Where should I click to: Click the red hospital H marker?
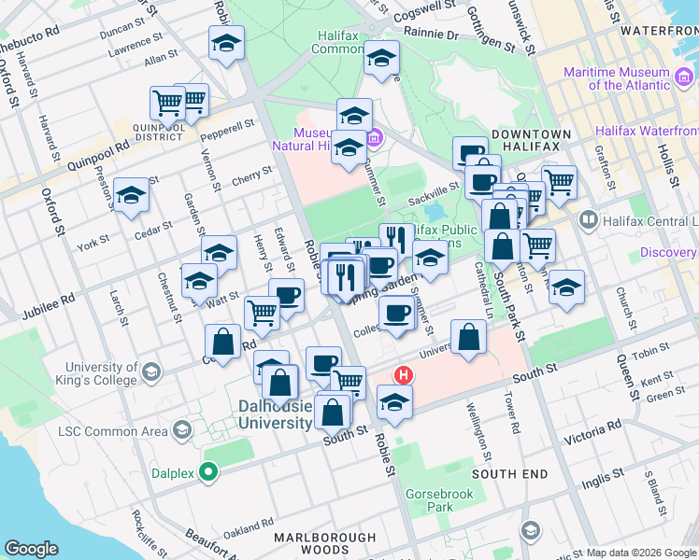(x=404, y=376)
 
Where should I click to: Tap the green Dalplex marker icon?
(x=213, y=473)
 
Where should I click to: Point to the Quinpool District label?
(x=158, y=132)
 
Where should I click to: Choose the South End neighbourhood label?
(x=510, y=474)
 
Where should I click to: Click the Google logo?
(x=31, y=549)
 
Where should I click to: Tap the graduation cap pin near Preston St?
(x=132, y=195)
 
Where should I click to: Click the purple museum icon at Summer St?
(x=375, y=139)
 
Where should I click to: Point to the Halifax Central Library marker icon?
(x=589, y=220)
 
